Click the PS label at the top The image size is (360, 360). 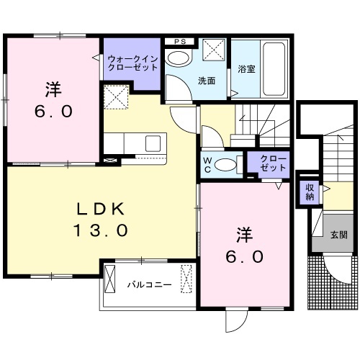[x=180, y=41]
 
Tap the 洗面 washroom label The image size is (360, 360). [x=207, y=81]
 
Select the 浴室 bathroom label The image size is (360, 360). [x=245, y=70]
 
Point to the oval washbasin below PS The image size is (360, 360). [x=176, y=57]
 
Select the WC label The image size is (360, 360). [x=207, y=163]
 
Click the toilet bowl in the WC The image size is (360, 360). [x=227, y=164]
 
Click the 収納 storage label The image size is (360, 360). [x=309, y=192]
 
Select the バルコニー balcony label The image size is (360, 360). [x=150, y=284]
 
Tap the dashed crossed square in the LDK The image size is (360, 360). [x=115, y=96]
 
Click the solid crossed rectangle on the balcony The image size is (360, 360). [x=111, y=277]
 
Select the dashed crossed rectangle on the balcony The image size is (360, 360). [x=187, y=277]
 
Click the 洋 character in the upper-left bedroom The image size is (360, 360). [x=53, y=90]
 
